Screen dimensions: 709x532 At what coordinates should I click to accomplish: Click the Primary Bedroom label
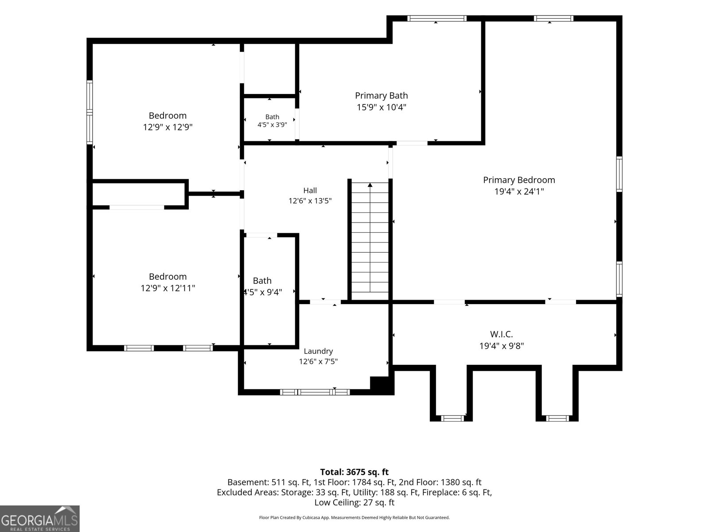[519, 180]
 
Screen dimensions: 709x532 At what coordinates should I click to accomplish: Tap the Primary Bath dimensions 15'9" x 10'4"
[381, 107]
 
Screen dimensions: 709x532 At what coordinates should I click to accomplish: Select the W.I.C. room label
[501, 334]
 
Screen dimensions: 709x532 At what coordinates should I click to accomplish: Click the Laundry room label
[318, 351]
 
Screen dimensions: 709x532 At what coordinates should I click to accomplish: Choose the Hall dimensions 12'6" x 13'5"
[310, 201]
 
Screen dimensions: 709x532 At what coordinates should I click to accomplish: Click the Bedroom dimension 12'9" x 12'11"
[168, 288]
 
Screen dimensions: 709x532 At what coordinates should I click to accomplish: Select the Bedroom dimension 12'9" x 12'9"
[168, 127]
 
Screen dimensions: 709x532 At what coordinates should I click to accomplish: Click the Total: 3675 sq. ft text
[354, 472]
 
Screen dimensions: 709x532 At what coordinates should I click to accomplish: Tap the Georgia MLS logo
[39, 518]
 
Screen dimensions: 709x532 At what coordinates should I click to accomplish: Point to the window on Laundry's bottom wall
[315, 392]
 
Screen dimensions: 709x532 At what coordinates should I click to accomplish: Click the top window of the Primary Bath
[437, 19]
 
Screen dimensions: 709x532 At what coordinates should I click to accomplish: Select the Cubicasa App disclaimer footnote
[354, 517]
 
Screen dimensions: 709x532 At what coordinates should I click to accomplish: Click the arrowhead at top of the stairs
[370, 185]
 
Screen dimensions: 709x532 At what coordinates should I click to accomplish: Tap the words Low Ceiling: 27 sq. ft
[354, 502]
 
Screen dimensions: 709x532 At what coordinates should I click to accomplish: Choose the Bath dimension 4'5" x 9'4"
[263, 292]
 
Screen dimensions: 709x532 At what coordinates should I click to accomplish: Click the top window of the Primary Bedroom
[553, 19]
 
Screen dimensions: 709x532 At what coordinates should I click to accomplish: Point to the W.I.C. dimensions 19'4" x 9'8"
[501, 346]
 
